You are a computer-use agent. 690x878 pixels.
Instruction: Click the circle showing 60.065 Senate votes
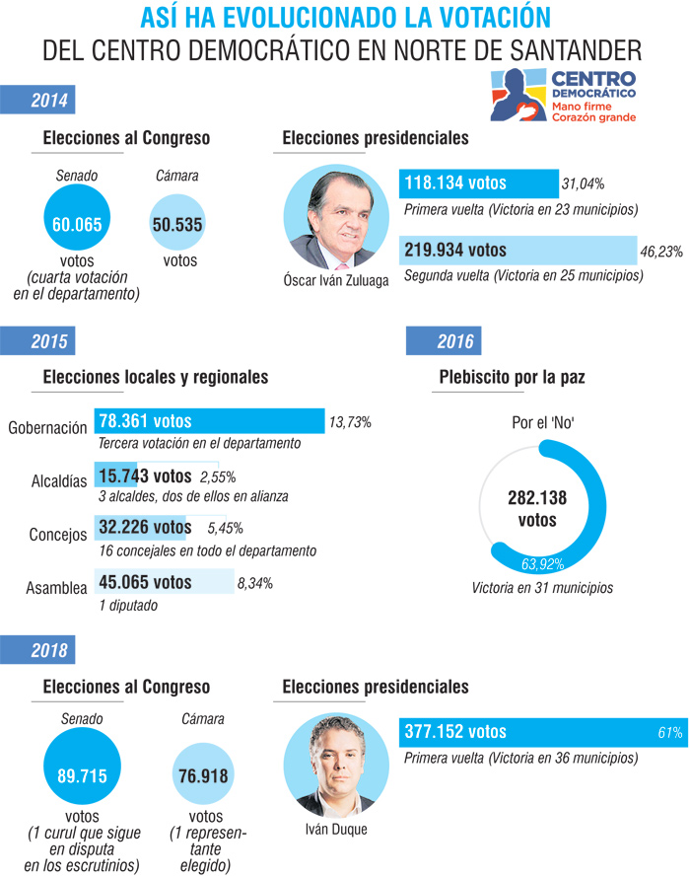[78, 224]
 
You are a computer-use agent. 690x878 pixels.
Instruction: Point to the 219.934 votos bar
[517, 251]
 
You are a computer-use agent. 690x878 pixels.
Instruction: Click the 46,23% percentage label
[661, 252]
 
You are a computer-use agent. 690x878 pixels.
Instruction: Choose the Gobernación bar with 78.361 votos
[209, 421]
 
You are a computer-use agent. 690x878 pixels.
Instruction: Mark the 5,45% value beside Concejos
[225, 527]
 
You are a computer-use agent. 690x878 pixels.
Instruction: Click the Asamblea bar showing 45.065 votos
[164, 582]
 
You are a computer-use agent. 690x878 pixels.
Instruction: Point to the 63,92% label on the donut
[542, 565]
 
